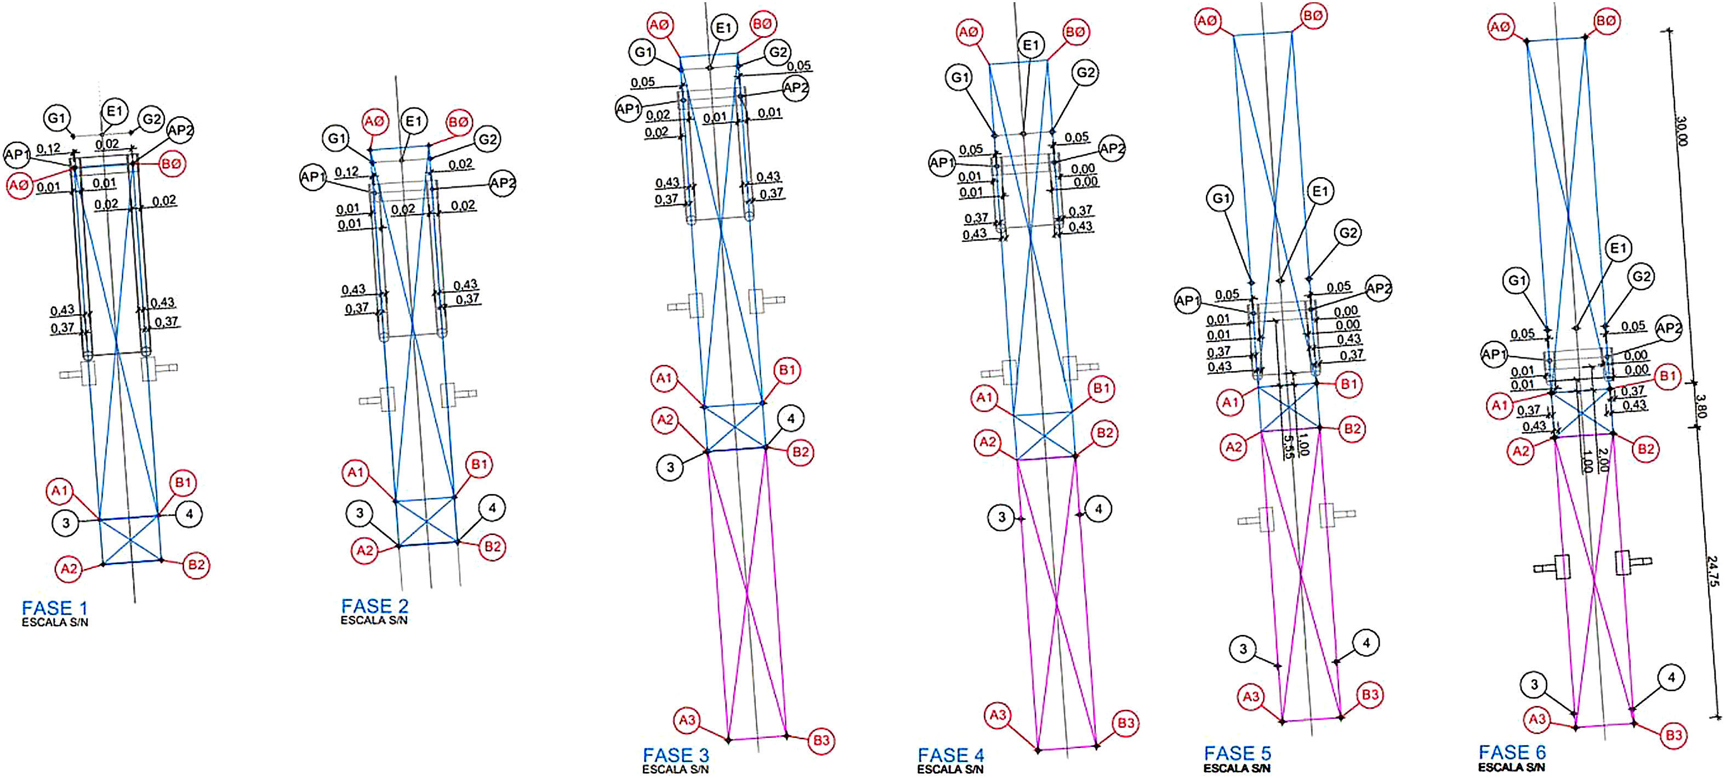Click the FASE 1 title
coord(54,608)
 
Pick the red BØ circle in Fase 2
coord(458,122)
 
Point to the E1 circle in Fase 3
coord(724,27)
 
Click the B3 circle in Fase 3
coord(822,741)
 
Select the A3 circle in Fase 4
coord(998,715)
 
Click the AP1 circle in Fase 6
coord(1494,355)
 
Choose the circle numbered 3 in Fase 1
coord(66,523)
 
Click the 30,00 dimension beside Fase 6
coord(1681,132)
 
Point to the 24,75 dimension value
coord(1713,571)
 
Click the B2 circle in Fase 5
coord(1352,429)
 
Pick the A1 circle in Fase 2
coord(356,473)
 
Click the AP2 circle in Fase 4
coord(1112,149)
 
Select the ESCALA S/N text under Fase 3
coord(675,769)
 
